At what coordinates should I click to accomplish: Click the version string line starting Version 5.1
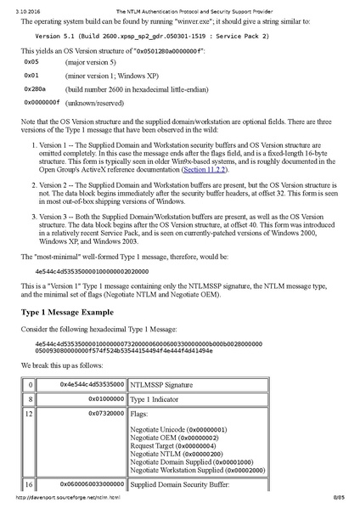tap(140, 37)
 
